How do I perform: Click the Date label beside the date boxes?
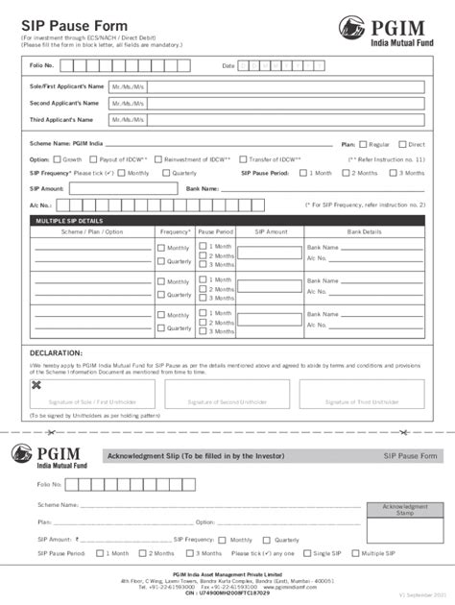pos(228,65)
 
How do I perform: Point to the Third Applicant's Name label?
pos(63,120)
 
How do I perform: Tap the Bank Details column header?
pos(364,232)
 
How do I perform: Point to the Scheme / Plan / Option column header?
pos(92,232)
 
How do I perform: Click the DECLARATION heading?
pos(56,353)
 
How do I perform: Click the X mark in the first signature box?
pos(36,385)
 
